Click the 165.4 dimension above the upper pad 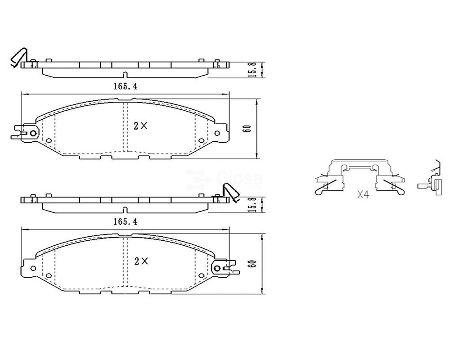pyautogui.click(x=126, y=86)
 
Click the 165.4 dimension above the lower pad pyautogui.click(x=126, y=222)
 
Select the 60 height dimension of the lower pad pyautogui.click(x=252, y=264)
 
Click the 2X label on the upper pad pyautogui.click(x=140, y=126)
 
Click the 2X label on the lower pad pyautogui.click(x=141, y=261)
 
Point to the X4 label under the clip pyautogui.click(x=363, y=195)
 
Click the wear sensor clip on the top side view pyautogui.click(x=18, y=58)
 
